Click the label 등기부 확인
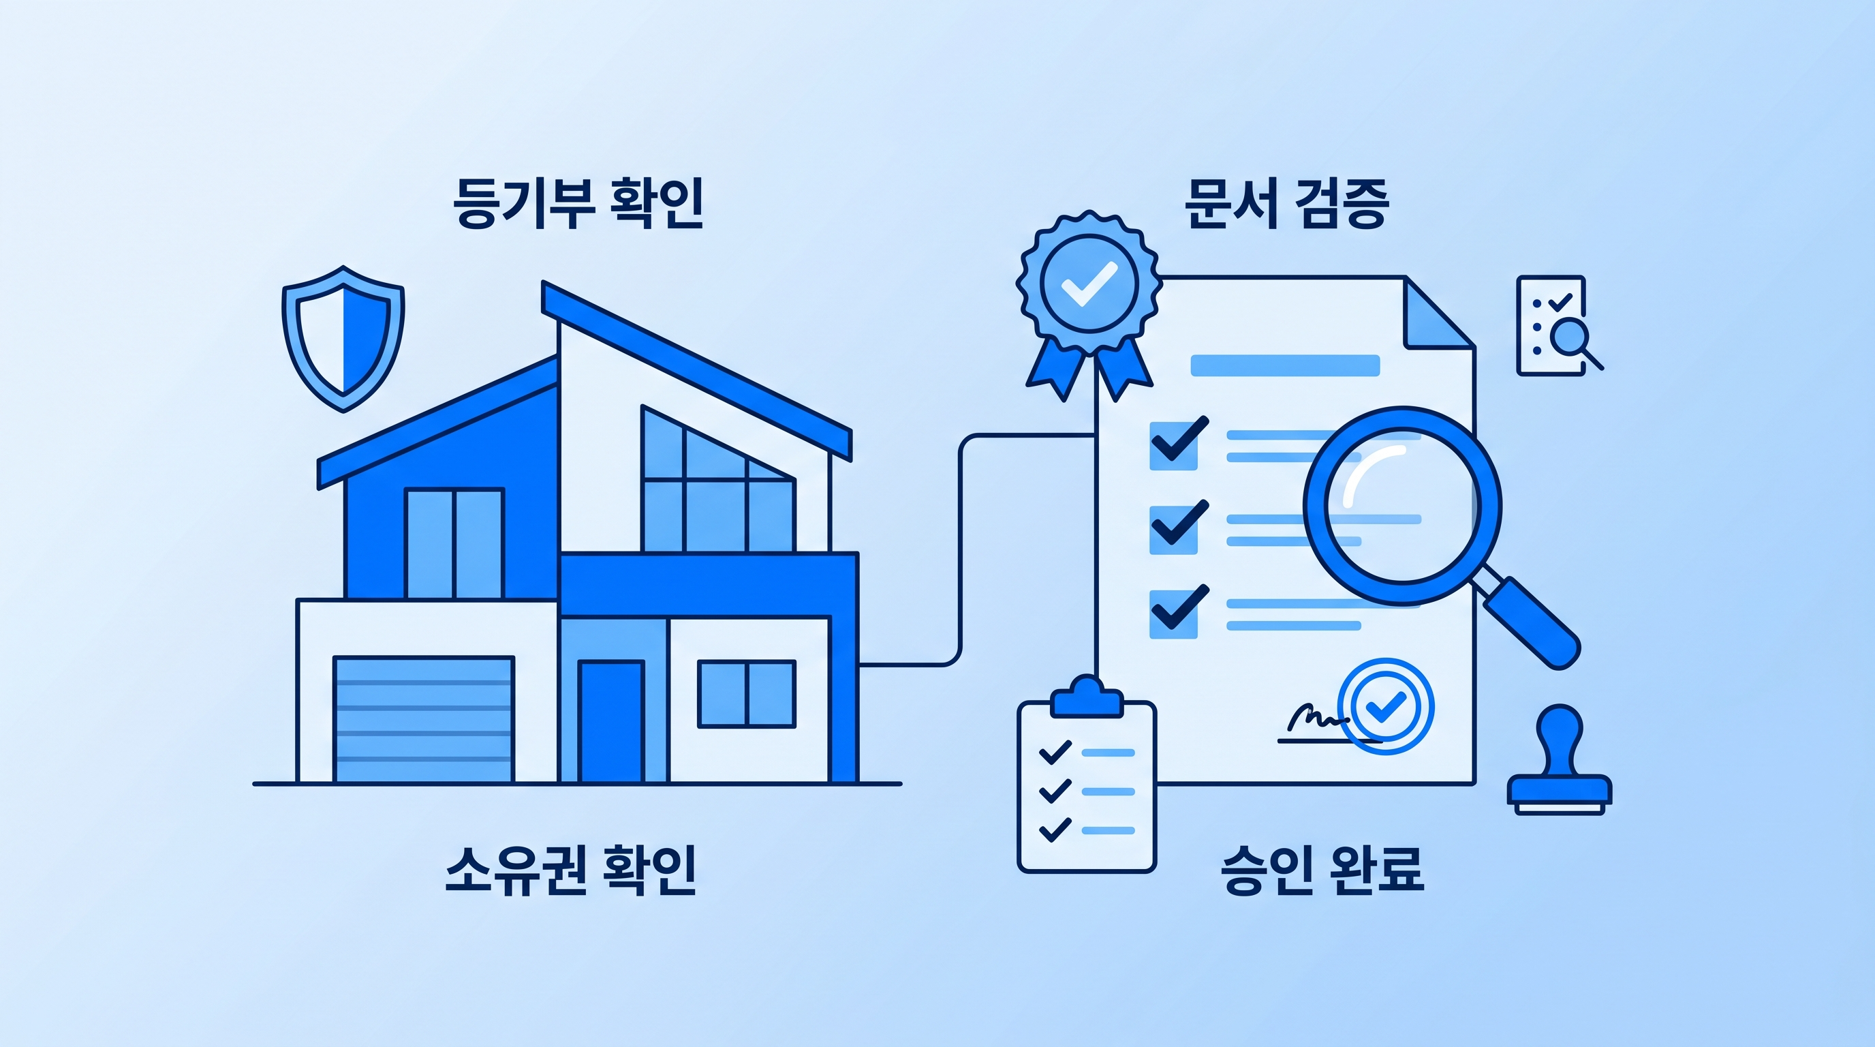(578, 203)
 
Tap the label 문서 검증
(1286, 203)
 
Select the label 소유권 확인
(571, 869)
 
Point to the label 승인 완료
(1322, 869)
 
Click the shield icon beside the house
(343, 339)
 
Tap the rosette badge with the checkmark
(1089, 284)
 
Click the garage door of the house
(424, 719)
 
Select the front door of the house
(611, 720)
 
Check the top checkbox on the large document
(1174, 445)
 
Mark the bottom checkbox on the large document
(1174, 613)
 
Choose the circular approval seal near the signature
(1386, 705)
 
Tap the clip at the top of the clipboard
(1087, 697)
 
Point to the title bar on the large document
(1285, 365)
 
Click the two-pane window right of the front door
(747, 694)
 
